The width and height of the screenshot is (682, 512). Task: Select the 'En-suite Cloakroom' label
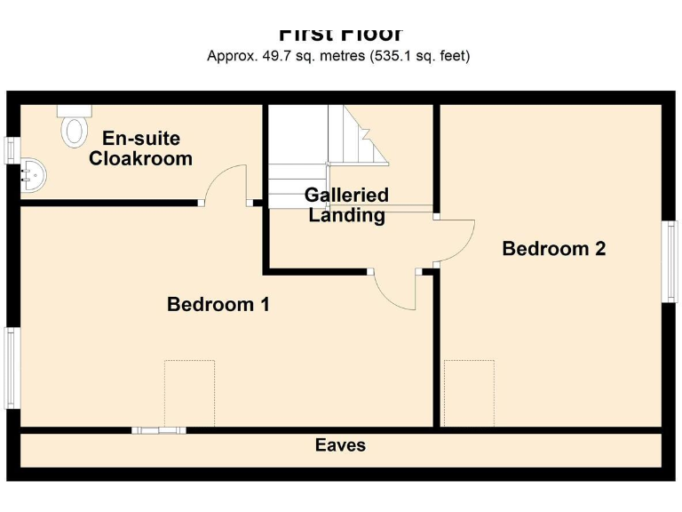pos(140,149)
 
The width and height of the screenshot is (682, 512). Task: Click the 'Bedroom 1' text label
pos(218,305)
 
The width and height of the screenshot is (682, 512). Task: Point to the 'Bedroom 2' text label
pos(553,249)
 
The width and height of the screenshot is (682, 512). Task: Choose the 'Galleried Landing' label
pos(346,205)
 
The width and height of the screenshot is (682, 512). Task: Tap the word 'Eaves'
pos(340,445)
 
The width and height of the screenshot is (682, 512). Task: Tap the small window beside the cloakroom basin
pos(12,150)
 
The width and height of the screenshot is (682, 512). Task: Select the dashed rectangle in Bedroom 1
pos(189,393)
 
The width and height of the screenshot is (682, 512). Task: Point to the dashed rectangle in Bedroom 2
pos(469,393)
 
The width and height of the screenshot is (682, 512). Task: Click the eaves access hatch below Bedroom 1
pos(159,430)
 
